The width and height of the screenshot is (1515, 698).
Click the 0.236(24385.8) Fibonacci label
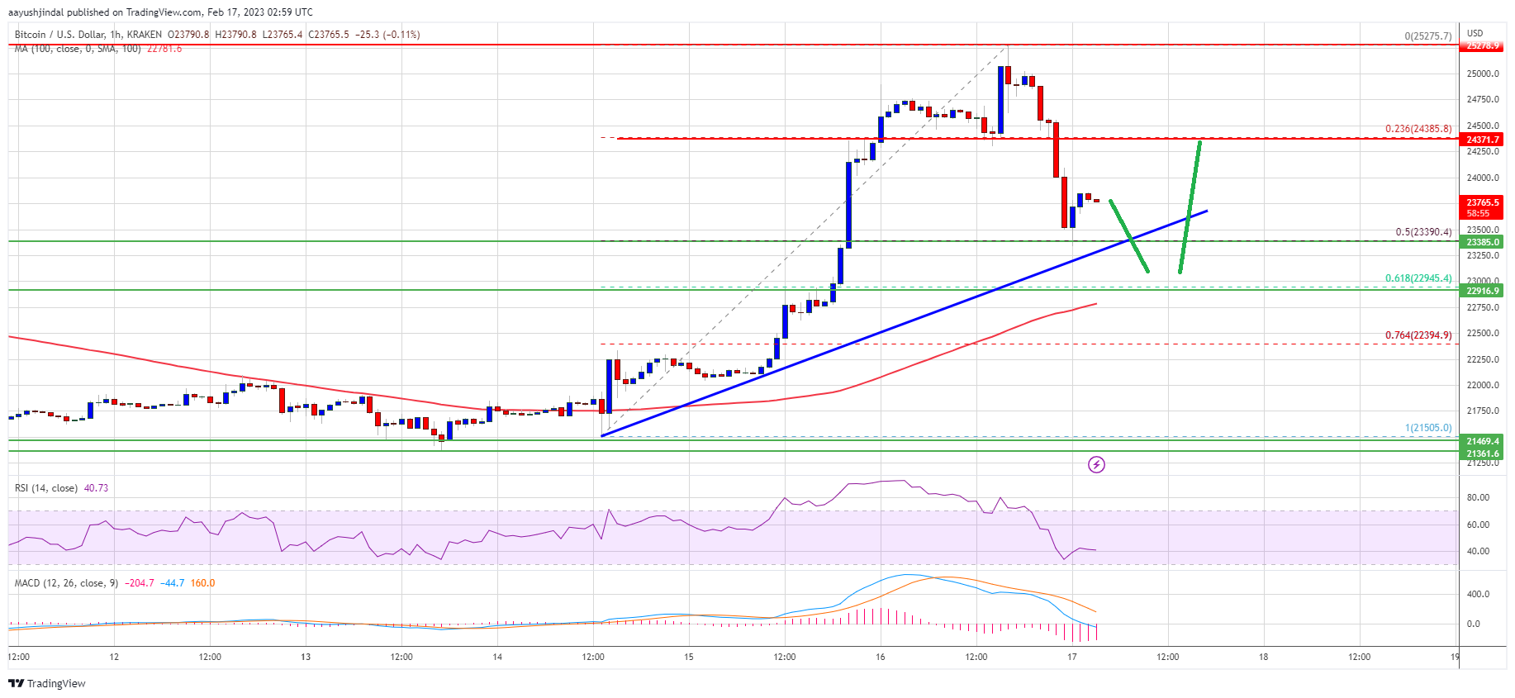click(x=1418, y=129)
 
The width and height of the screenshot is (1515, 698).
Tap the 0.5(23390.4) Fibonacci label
click(x=1422, y=232)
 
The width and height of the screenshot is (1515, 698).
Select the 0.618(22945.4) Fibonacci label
click(x=1418, y=278)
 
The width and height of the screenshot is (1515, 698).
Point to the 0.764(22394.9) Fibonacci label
click(x=1418, y=335)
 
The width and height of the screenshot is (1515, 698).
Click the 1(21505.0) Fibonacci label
click(x=1427, y=428)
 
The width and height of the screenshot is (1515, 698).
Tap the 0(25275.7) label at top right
click(x=1427, y=36)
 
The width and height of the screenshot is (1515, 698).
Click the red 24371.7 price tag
click(x=1482, y=140)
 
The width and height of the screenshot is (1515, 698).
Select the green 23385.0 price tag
click(x=1482, y=242)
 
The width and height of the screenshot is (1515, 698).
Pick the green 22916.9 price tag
click(x=1482, y=291)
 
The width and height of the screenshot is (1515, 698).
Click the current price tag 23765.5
click(x=1482, y=202)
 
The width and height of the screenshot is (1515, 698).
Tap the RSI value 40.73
click(x=96, y=488)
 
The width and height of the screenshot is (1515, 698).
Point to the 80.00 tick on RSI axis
click(x=1478, y=497)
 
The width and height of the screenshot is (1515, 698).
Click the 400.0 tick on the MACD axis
click(x=1478, y=594)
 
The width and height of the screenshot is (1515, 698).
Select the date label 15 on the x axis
click(x=689, y=658)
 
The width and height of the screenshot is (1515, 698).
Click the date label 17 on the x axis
click(x=1071, y=658)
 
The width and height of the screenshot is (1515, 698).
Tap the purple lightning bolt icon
click(x=1096, y=465)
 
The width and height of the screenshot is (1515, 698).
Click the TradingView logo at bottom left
click(x=47, y=683)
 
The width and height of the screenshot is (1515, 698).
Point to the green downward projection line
click(x=1128, y=235)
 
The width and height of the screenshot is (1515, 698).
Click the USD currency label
click(x=1475, y=34)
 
